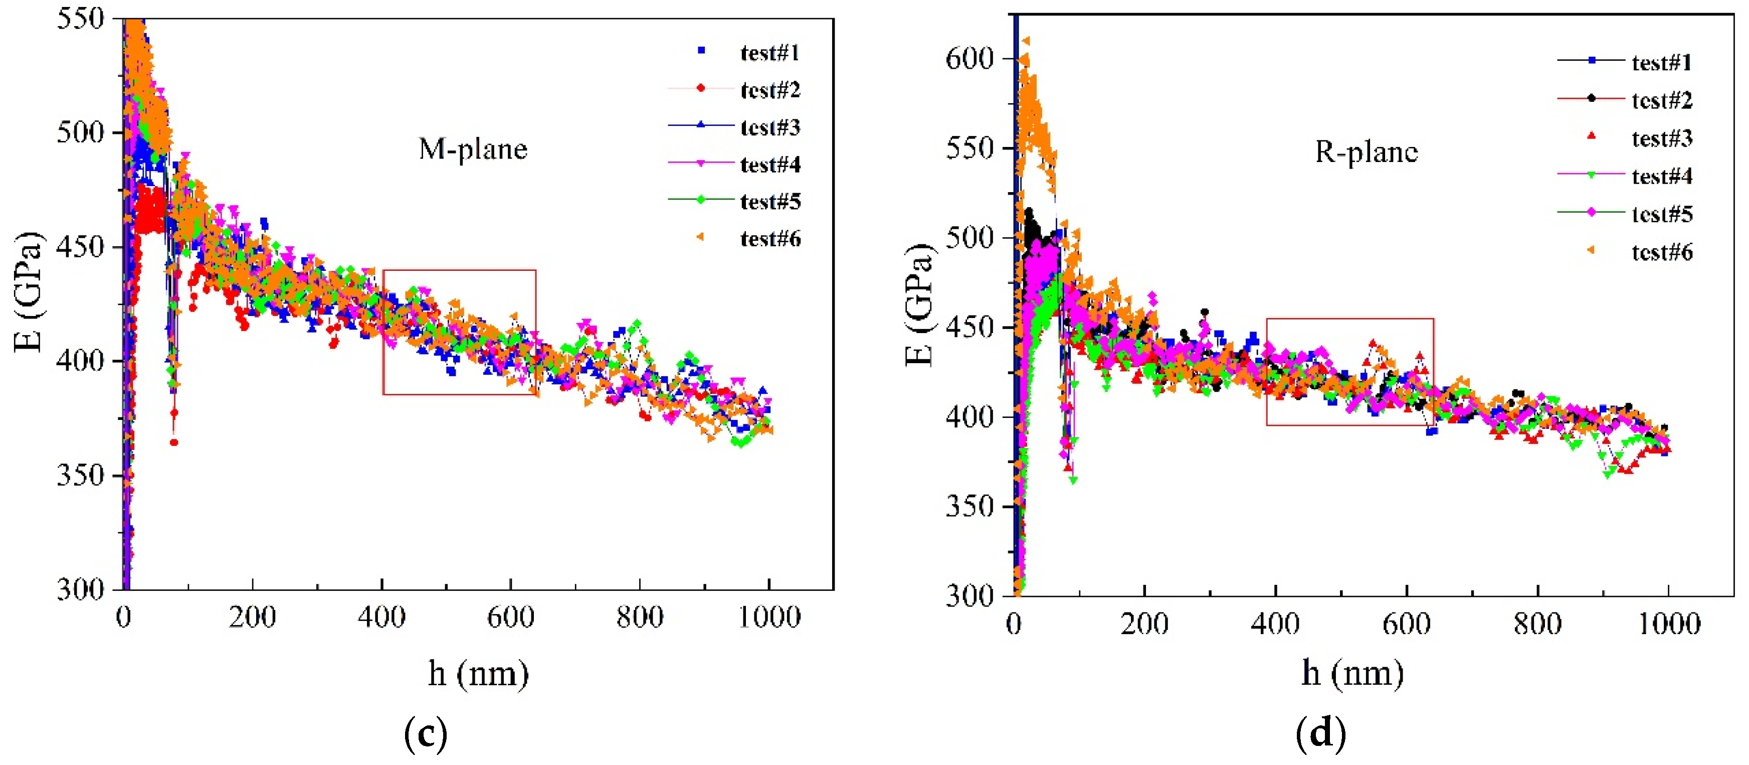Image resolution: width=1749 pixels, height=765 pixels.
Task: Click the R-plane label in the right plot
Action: point(1366,151)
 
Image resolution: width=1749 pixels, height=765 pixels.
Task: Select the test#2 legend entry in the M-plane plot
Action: point(770,90)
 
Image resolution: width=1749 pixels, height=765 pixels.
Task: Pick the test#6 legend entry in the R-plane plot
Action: point(1661,252)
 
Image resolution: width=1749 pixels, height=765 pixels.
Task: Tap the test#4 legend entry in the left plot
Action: point(770,165)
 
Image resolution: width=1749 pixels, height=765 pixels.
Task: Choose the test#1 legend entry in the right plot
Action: point(1661,63)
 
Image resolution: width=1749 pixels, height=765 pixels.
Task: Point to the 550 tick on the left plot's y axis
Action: point(80,19)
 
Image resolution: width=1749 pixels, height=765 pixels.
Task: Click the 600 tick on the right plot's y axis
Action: point(969,58)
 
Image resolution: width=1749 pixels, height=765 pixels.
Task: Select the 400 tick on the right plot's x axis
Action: point(1275,623)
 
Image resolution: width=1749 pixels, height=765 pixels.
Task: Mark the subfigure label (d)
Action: point(1320,733)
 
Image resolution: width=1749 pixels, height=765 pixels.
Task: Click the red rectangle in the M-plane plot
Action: point(459,271)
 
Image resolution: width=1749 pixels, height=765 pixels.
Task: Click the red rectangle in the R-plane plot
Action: point(1350,319)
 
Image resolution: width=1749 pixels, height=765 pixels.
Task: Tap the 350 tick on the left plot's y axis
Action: point(80,475)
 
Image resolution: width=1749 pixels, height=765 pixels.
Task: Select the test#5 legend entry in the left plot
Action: point(770,201)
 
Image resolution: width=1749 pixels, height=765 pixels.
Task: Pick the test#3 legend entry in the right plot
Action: point(1661,138)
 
